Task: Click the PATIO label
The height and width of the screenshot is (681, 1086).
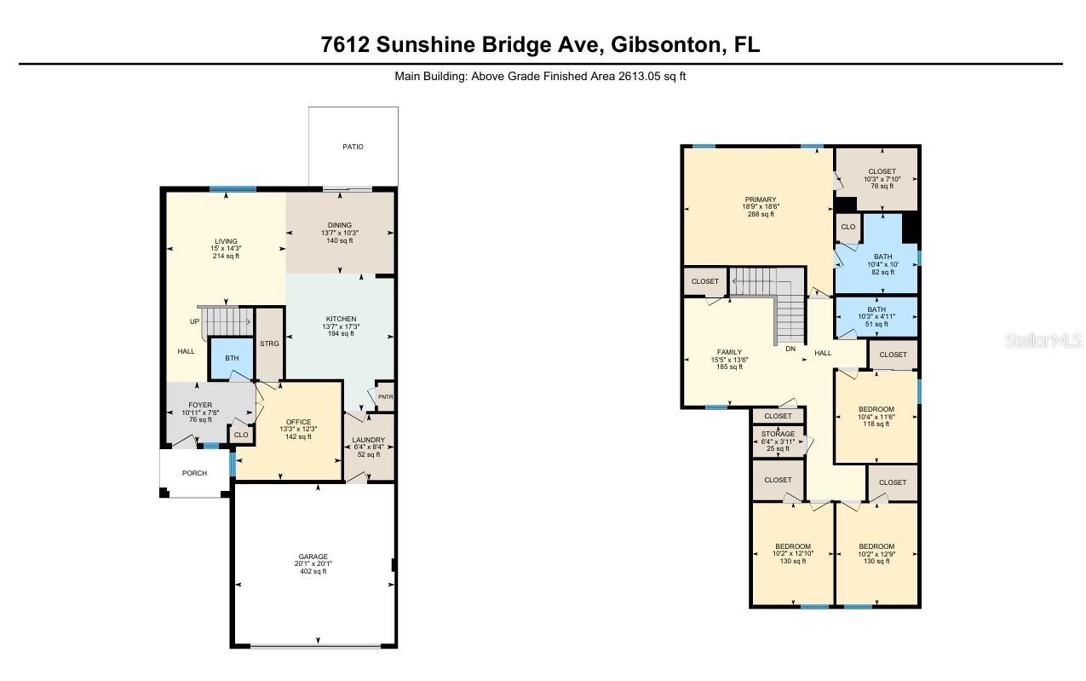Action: click(x=353, y=147)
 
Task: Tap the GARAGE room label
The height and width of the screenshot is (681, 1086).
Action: click(x=313, y=557)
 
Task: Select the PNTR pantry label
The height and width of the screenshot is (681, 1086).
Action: click(x=384, y=397)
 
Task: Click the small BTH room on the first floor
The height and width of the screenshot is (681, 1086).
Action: click(x=232, y=359)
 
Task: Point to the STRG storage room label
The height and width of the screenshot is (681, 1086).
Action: click(x=269, y=343)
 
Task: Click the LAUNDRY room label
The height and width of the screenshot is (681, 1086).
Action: click(x=368, y=440)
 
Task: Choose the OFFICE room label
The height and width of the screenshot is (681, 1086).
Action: click(x=297, y=421)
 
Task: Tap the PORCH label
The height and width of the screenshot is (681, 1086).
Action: click(x=194, y=473)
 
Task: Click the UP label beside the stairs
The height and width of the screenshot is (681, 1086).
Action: click(x=194, y=321)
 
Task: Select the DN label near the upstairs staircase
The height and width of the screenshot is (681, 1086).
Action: click(x=790, y=349)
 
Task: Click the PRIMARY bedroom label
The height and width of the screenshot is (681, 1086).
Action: click(x=760, y=199)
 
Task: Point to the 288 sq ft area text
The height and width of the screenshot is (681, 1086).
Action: click(x=760, y=215)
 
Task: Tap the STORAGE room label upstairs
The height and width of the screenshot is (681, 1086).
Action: click(x=778, y=434)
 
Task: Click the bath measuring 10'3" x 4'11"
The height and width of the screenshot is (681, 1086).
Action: click(x=876, y=316)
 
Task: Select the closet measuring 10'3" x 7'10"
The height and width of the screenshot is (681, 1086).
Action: click(x=882, y=178)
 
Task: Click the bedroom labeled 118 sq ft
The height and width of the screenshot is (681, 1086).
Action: click(x=876, y=416)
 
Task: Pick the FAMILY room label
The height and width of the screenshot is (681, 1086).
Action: click(x=729, y=352)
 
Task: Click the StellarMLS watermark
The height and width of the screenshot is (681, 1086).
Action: click(x=1043, y=341)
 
